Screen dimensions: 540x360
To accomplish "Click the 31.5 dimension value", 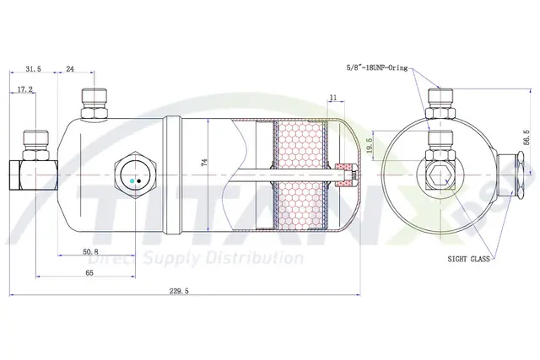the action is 33,69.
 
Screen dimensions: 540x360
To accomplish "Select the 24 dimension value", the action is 70,69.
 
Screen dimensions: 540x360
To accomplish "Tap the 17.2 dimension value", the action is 24,89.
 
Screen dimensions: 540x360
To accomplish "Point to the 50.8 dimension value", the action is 90,251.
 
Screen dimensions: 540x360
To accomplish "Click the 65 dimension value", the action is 89,273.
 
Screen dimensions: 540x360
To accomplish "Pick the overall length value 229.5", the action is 179,291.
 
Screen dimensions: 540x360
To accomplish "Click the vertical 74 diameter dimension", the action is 204,163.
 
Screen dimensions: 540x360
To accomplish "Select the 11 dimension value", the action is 333,98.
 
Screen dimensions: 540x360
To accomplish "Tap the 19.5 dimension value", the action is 370,145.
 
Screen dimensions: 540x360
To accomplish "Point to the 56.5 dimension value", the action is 526,137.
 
